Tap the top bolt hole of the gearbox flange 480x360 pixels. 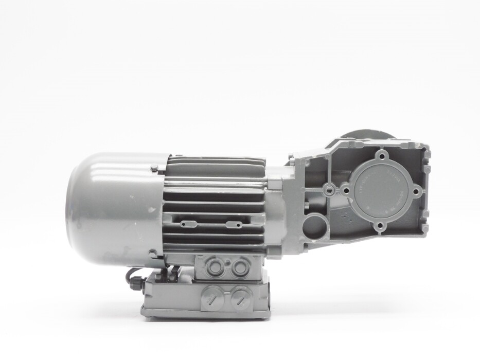[x=381, y=155]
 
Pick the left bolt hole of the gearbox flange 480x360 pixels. [x=346, y=191]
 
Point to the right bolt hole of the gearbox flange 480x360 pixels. [x=417, y=190]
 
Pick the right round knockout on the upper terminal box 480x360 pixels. [x=238, y=267]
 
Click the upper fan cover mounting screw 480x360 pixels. [x=154, y=168]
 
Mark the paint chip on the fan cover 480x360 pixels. [x=151, y=210]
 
